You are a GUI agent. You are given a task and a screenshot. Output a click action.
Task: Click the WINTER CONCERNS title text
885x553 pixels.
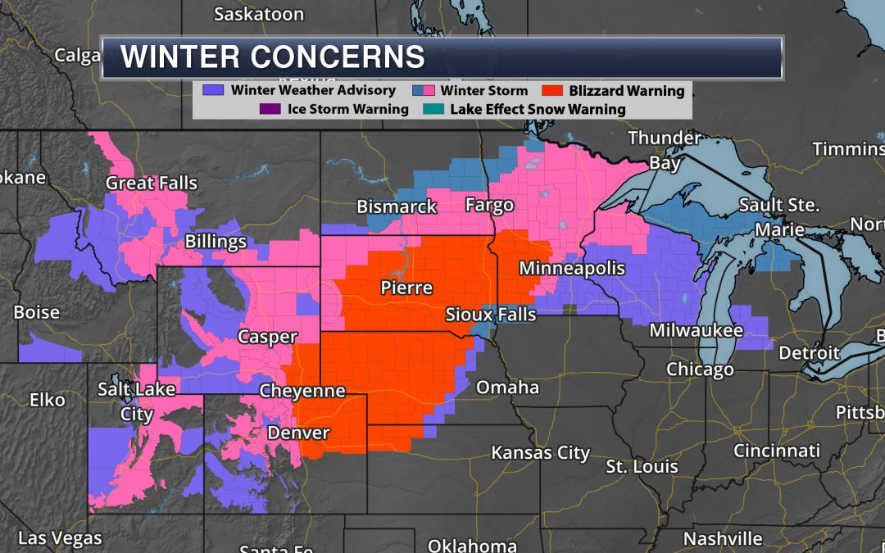pos(273,57)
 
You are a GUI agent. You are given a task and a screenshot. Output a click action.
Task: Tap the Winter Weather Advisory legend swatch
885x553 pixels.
pos(217,91)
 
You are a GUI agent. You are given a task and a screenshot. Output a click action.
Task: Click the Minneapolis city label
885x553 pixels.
pos(572,269)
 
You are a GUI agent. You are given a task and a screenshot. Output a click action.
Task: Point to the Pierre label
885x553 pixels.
pos(406,288)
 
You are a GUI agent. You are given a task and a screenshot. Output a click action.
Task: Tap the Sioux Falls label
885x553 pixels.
pos(490,315)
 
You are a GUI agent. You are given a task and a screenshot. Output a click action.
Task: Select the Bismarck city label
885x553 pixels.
pos(397,206)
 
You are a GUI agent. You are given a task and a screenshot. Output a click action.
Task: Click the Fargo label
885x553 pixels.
pos(489,205)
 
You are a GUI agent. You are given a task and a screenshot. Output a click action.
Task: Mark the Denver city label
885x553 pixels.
pos(298,433)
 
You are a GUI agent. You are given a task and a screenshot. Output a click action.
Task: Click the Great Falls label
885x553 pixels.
pos(152,184)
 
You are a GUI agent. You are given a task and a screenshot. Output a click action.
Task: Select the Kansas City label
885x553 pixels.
pos(540,452)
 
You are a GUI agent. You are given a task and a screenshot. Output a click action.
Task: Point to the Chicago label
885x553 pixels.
pos(699,369)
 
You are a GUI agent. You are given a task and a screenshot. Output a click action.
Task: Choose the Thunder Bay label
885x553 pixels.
pos(665,150)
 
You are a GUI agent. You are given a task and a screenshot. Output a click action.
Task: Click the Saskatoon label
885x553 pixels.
pos(258,14)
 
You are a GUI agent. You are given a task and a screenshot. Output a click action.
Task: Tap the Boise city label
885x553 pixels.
pos(36,312)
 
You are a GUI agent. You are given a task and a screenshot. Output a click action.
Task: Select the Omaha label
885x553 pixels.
pos(507,387)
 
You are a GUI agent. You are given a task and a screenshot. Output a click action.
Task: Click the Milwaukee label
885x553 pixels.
pos(696,331)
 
